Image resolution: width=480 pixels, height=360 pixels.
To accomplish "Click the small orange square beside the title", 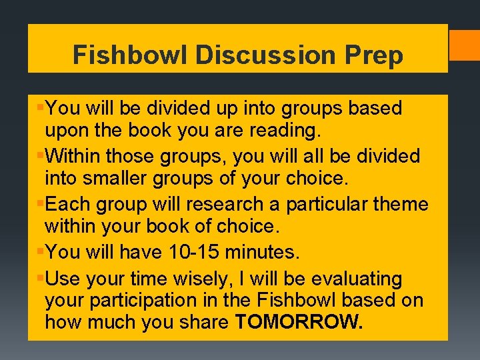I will pos(465,45).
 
